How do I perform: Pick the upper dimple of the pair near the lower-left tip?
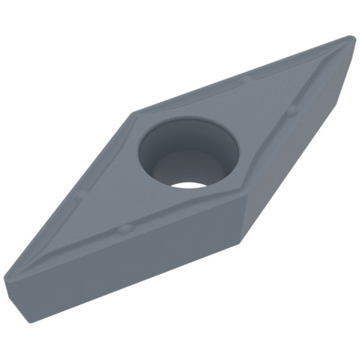(x=78, y=196)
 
